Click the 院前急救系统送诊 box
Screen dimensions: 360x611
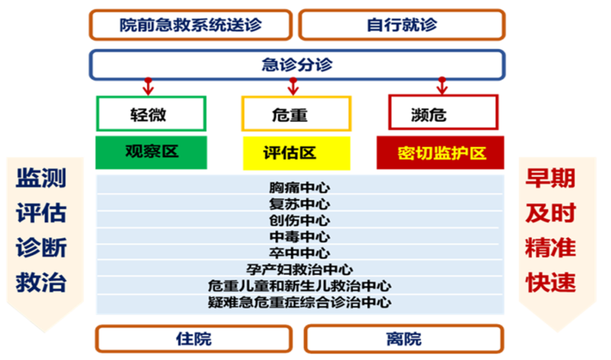click(191, 25)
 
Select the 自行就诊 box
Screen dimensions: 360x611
click(402, 25)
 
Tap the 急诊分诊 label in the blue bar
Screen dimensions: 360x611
click(296, 65)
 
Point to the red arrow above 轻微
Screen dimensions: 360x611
click(148, 86)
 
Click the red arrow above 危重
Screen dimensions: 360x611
click(292, 86)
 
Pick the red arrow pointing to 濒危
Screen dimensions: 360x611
click(442, 86)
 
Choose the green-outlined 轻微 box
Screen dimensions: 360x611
click(151, 114)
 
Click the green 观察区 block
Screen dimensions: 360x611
click(151, 152)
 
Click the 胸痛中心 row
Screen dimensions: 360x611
click(299, 187)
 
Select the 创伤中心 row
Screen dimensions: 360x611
click(299, 220)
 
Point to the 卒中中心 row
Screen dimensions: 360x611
click(299, 253)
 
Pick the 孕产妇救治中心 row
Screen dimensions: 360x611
click(299, 269)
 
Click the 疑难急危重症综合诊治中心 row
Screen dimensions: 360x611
click(299, 303)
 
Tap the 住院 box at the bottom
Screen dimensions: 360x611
click(193, 338)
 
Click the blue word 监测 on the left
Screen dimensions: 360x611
click(41, 178)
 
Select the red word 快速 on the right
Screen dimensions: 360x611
click(550, 283)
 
